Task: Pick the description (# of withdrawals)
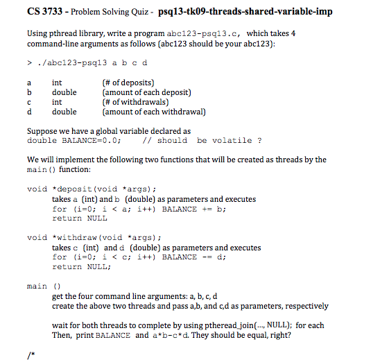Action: pyautogui.click(x=136, y=102)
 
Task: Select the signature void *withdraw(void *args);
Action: pyautogui.click(x=94, y=237)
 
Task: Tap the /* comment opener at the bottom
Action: pyautogui.click(x=30, y=353)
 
